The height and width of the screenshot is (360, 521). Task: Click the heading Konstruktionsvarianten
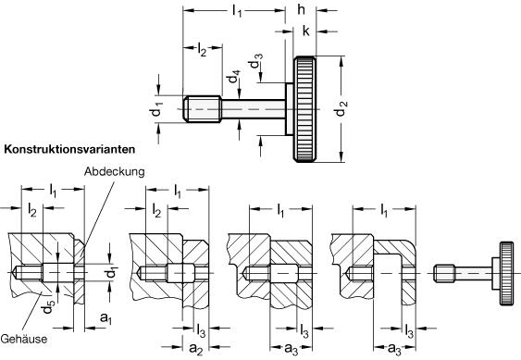coord(69,149)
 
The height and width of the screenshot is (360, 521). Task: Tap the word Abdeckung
coord(115,172)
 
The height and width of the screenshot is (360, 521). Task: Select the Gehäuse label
coord(24,339)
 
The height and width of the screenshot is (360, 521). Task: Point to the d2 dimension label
coord(341,108)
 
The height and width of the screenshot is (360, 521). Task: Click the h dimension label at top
coord(301,9)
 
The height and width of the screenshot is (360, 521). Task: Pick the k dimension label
coord(306,31)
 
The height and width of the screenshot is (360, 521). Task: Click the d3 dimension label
coord(256,61)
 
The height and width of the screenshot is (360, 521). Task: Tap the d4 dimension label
coord(232,77)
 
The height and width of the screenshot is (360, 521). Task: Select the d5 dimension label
coord(47,306)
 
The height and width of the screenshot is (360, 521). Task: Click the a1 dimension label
coord(106,318)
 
